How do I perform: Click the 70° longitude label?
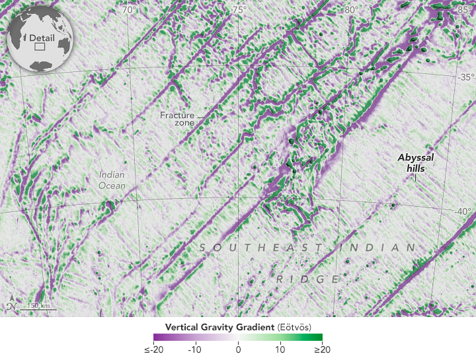coord(129,10)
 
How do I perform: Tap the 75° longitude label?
coord(239,10)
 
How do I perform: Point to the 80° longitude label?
coord(350,10)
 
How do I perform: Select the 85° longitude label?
coord(464,10)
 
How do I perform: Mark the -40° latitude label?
coord(464,211)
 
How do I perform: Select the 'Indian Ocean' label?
coord(112,180)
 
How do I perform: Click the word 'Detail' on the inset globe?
coord(42,38)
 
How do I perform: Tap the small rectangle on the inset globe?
coord(39,47)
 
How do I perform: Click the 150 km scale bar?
coord(38,309)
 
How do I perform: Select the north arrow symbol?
coord(11,305)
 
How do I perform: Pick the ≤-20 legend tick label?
coord(154,349)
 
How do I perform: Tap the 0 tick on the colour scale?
coord(238,349)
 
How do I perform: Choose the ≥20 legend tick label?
coord(323,349)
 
